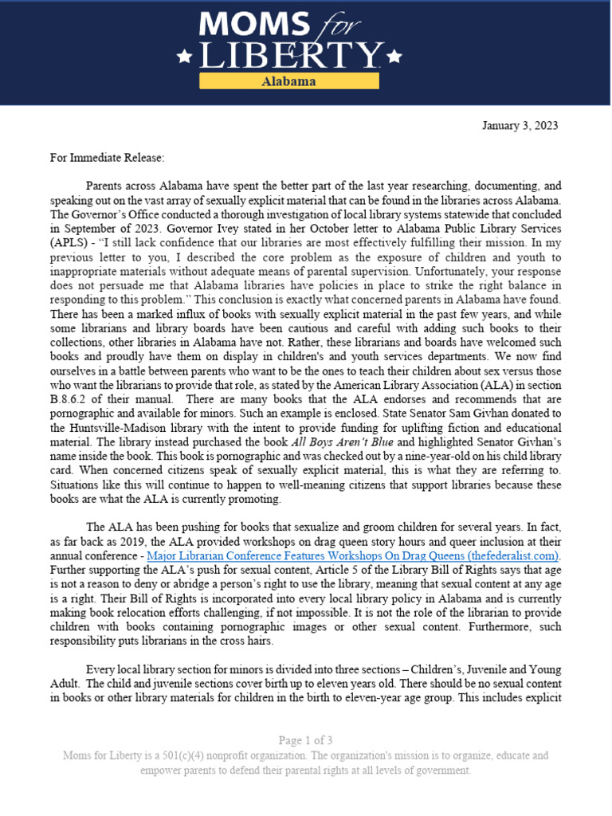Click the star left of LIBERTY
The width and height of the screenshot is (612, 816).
184,57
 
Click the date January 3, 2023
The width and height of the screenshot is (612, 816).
520,126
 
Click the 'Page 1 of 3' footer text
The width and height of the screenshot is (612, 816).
305,739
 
